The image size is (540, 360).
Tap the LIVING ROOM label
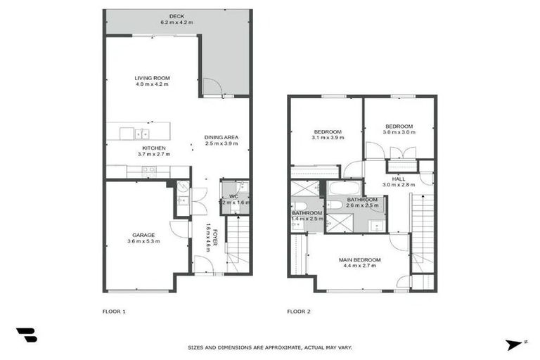pyautogui.click(x=153, y=78)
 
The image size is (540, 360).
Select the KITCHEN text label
pyautogui.click(x=153, y=148)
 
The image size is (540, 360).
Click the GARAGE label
pyautogui.click(x=143, y=235)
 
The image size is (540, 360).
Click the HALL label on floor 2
pyautogui.click(x=399, y=179)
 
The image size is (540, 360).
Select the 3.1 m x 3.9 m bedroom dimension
pyautogui.click(x=328, y=139)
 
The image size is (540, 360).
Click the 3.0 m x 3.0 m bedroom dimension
pyautogui.click(x=398, y=133)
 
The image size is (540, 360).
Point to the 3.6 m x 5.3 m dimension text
pyautogui.click(x=143, y=241)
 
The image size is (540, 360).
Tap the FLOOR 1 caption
pyautogui.click(x=114, y=311)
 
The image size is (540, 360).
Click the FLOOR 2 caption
pyautogui.click(x=299, y=311)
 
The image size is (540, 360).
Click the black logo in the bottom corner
pyautogui.click(x=27, y=335)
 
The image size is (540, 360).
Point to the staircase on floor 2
pyautogui.click(x=422, y=229)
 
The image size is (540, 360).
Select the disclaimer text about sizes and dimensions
pyautogui.click(x=270, y=347)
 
